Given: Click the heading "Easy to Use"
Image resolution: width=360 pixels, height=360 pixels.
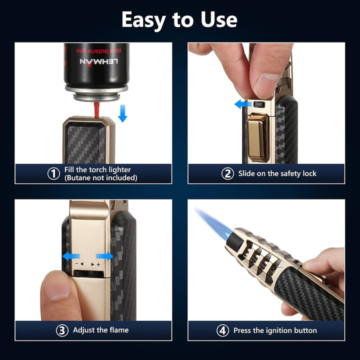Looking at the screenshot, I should pyautogui.click(x=179, y=20).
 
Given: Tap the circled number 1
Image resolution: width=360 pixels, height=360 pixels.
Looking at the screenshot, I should pyautogui.click(x=53, y=173).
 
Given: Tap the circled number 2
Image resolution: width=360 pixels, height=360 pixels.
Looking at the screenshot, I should pyautogui.click(x=228, y=173).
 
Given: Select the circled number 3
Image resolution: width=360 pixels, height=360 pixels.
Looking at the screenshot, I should pyautogui.click(x=61, y=330).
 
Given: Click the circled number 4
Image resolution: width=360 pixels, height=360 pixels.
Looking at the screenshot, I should pyautogui.click(x=223, y=330).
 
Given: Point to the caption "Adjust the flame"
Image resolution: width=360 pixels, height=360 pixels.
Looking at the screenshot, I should pyautogui.click(x=100, y=330).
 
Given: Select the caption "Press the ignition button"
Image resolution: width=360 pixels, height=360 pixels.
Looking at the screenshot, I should pyautogui.click(x=275, y=330).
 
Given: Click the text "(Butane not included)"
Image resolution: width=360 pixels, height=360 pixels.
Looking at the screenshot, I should pyautogui.click(x=100, y=177).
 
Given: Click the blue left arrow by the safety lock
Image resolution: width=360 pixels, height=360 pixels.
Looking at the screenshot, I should pyautogui.click(x=243, y=104).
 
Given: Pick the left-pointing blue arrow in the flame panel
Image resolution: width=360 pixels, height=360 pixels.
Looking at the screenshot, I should pyautogui.click(x=70, y=256).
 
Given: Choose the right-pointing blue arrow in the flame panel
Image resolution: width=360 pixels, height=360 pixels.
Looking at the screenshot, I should pyautogui.click(x=104, y=256).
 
